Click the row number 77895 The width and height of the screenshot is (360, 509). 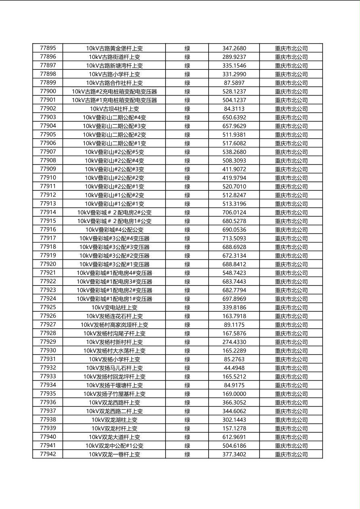coord(48,48)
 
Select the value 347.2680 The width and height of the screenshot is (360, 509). coord(234,48)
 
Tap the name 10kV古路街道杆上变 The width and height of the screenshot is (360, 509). coord(114,57)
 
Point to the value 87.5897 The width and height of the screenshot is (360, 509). coord(234,83)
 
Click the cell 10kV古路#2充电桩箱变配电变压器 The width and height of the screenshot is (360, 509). coord(114,92)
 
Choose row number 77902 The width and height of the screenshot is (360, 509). coord(48,108)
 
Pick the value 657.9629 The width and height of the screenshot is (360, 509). coord(234,126)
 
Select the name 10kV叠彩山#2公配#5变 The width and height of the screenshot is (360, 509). coord(114,152)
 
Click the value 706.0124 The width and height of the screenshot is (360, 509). coord(234,212)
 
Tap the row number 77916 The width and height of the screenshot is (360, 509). coord(48,229)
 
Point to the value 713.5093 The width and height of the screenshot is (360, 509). coord(234,238)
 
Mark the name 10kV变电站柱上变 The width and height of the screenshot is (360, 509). coord(114,307)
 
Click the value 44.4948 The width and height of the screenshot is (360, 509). coord(234,368)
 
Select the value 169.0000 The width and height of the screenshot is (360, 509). coord(234,394)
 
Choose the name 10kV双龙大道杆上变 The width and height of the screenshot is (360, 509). coord(114,437)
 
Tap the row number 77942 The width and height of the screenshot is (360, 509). coord(48,454)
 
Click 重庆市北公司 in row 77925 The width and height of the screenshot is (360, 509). coord(291,307)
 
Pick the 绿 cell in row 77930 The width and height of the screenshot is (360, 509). coord(187,350)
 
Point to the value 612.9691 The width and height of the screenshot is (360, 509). coord(234,437)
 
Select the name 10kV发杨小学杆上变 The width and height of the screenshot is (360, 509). coord(114,359)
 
